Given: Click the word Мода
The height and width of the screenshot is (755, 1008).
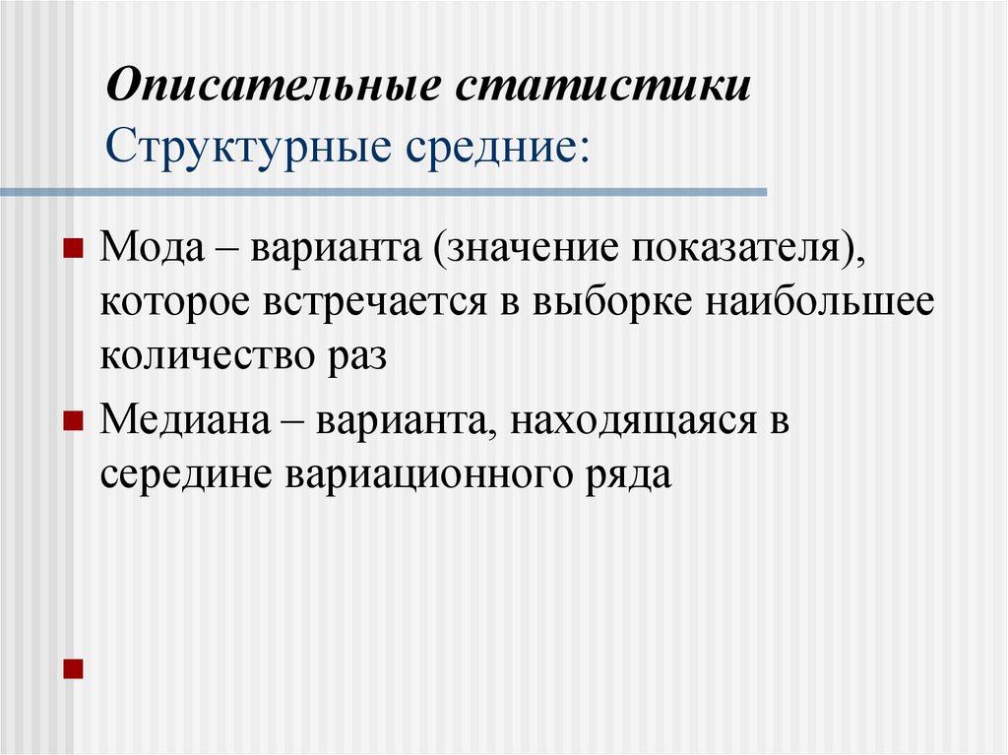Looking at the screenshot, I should (147, 246).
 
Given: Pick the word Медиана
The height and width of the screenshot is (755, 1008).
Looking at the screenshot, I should (183, 421).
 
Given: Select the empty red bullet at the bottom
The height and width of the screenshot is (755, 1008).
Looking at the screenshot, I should (71, 669).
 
